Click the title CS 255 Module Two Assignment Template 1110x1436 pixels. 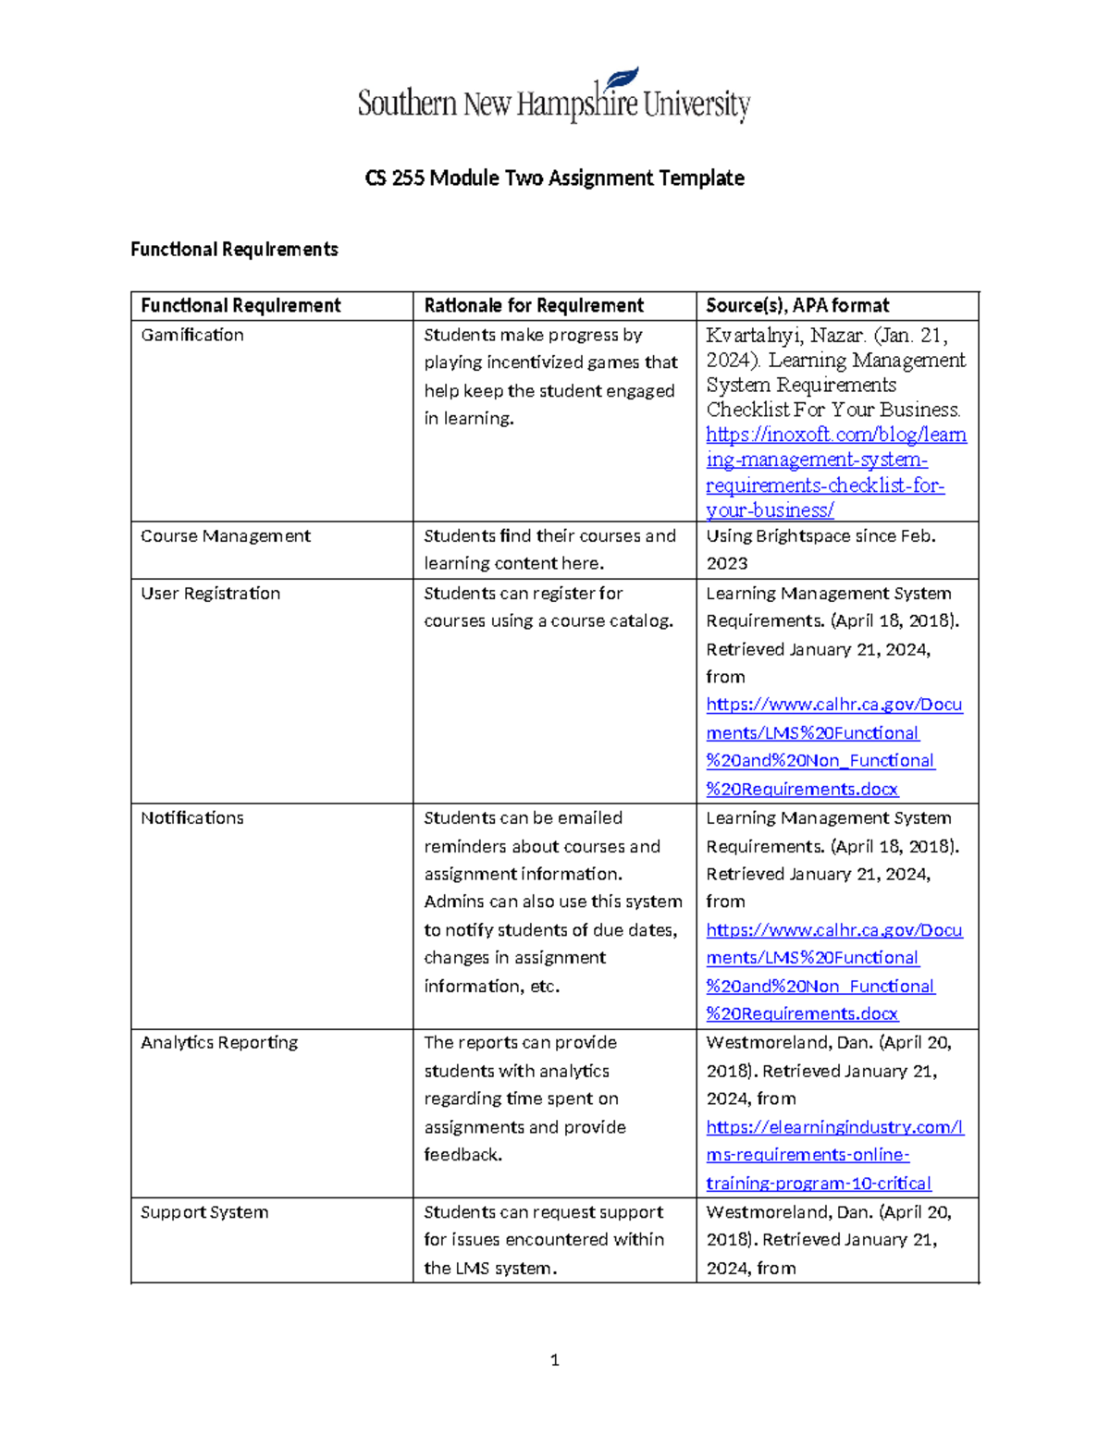(x=554, y=178)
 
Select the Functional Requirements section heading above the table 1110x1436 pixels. (x=234, y=249)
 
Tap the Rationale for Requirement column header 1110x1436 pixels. (x=534, y=305)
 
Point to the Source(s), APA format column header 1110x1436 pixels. (x=797, y=305)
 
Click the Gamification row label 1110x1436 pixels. (x=192, y=335)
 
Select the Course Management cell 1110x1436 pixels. (x=226, y=536)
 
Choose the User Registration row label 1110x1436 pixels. (x=210, y=594)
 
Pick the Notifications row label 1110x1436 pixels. (x=192, y=818)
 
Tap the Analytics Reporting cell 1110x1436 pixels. (x=219, y=1043)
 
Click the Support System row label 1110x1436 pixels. (x=204, y=1212)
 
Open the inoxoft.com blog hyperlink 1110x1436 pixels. (x=835, y=472)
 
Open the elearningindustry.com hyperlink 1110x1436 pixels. (x=834, y=1155)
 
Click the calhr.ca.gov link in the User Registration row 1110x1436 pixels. (x=833, y=746)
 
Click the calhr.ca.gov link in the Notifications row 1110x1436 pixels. (x=833, y=972)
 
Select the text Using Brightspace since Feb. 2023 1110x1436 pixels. (x=820, y=549)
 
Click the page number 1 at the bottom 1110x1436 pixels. (x=554, y=1359)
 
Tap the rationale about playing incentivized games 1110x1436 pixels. (x=550, y=376)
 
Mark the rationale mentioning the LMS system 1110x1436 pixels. (x=544, y=1240)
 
